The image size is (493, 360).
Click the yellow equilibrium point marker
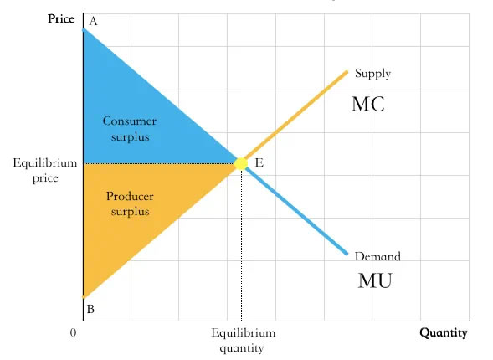[x=241, y=163]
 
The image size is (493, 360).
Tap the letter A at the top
[x=93, y=22]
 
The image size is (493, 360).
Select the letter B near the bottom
[x=90, y=309]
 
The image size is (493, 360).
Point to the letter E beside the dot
[x=259, y=163]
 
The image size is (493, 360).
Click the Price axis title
[x=61, y=19]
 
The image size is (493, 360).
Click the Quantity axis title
[x=444, y=332]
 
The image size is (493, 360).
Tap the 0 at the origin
[x=74, y=332]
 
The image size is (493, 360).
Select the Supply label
[x=373, y=74]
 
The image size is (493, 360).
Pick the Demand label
[x=377, y=256]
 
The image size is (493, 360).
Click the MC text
[x=367, y=104]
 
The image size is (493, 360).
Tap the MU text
[x=375, y=280]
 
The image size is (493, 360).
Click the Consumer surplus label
[x=130, y=129]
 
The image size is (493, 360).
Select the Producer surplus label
[x=130, y=203]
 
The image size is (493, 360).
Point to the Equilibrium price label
[x=45, y=171]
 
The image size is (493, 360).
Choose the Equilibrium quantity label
[x=243, y=341]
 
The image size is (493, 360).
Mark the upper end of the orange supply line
[x=347, y=72]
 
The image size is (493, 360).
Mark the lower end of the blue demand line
[x=347, y=254]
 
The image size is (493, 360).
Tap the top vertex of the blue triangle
[x=84, y=29]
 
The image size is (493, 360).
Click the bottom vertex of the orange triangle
[x=84, y=297]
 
